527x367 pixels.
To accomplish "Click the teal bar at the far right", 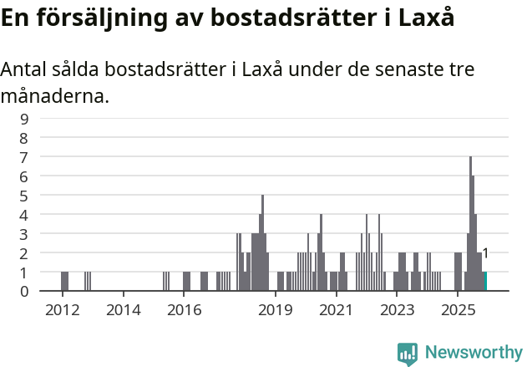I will [x=484, y=282].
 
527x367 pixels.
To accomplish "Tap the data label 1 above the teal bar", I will [x=485, y=253].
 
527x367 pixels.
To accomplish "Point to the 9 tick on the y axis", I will [x=24, y=119].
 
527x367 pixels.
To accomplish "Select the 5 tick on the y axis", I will [x=24, y=196].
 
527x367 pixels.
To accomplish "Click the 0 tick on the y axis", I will [x=24, y=291].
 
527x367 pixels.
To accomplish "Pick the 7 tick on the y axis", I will [x=24, y=157].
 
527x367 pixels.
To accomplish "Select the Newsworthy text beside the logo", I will [x=473, y=353].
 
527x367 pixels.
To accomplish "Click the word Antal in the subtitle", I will [x=25, y=69].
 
